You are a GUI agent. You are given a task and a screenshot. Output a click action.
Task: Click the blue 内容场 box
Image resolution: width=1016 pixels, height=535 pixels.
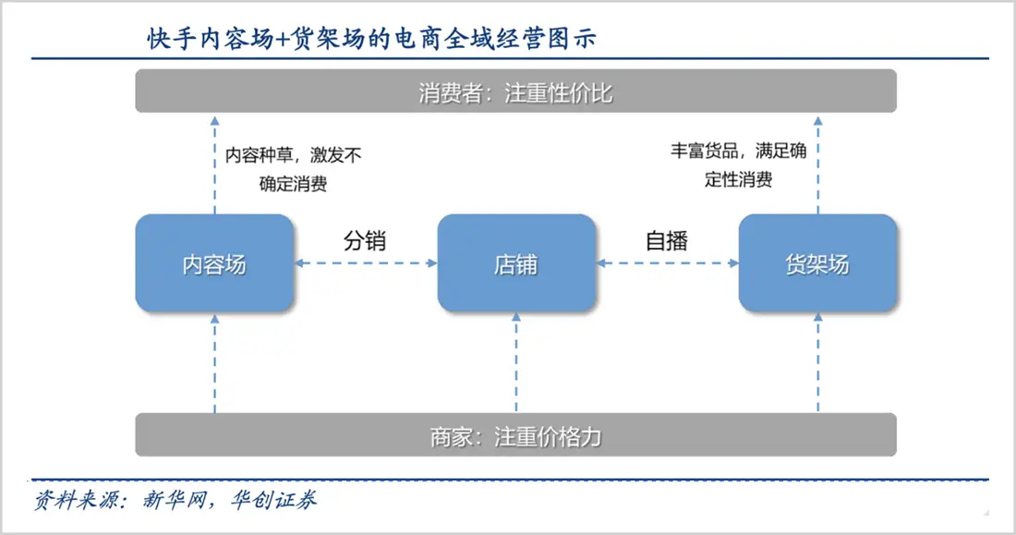coord(214,263)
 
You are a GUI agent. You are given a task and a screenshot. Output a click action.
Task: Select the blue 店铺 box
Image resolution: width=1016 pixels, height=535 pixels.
coord(515,263)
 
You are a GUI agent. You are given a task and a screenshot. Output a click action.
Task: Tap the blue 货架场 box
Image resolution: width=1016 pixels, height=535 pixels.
coord(817,263)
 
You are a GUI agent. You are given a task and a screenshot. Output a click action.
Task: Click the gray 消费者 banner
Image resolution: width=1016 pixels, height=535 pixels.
coord(515,91)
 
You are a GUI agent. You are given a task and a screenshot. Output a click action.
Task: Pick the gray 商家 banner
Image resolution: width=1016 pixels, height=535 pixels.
coord(515,434)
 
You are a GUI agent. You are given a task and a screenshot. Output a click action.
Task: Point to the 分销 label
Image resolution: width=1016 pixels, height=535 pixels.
coord(365,242)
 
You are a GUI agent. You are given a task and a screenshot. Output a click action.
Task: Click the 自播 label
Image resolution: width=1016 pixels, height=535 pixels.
coord(667,242)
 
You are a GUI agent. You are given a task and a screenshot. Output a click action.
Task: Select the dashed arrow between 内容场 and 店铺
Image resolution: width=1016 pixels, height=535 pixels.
coord(365,264)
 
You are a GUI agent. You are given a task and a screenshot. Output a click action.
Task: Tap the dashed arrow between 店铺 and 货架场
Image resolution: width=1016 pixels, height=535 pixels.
coord(667,264)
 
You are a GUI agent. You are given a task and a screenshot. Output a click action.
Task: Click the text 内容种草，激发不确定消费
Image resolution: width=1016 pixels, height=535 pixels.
coord(293,169)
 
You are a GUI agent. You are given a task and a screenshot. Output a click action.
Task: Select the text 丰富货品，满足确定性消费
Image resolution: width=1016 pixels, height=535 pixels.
coord(738,165)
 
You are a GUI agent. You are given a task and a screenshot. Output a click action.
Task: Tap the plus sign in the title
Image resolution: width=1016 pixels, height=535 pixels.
coord(284,39)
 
